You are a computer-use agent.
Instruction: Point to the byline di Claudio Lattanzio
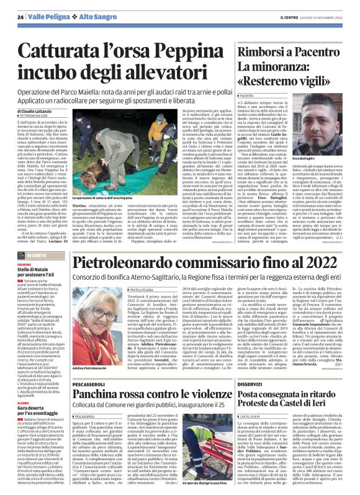tap(38, 109)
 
